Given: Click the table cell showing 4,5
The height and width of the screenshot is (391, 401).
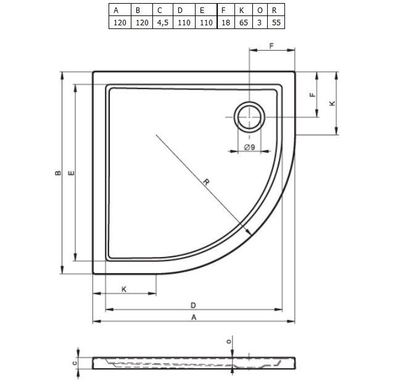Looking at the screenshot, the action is [163, 22].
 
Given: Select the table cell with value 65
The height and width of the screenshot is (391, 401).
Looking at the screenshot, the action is [244, 22].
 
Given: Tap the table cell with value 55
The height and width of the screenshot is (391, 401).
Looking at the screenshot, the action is [276, 22].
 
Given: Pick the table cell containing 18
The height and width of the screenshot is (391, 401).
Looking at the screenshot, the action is [226, 22].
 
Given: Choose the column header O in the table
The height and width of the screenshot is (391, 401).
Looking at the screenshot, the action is [260, 10].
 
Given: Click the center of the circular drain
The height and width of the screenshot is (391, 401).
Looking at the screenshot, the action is [249, 117].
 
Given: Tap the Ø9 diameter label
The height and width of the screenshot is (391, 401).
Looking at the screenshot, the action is [249, 147].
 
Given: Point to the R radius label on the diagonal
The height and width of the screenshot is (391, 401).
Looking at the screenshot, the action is [206, 182].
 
